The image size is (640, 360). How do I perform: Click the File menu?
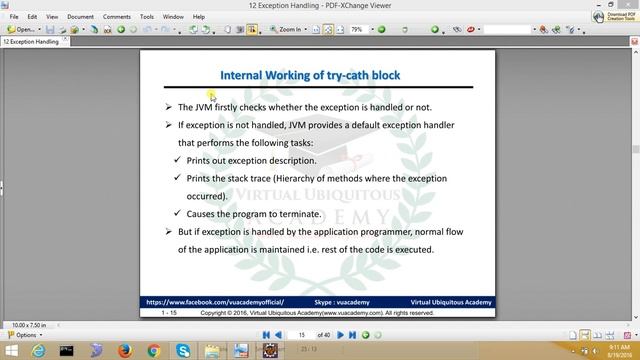click(14, 17)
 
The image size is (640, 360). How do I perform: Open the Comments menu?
click(116, 17)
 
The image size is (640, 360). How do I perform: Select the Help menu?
click(198, 17)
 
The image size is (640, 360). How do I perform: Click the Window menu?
click(173, 17)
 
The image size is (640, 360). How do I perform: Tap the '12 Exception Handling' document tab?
click(31, 42)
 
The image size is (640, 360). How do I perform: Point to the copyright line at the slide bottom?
click(317, 312)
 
